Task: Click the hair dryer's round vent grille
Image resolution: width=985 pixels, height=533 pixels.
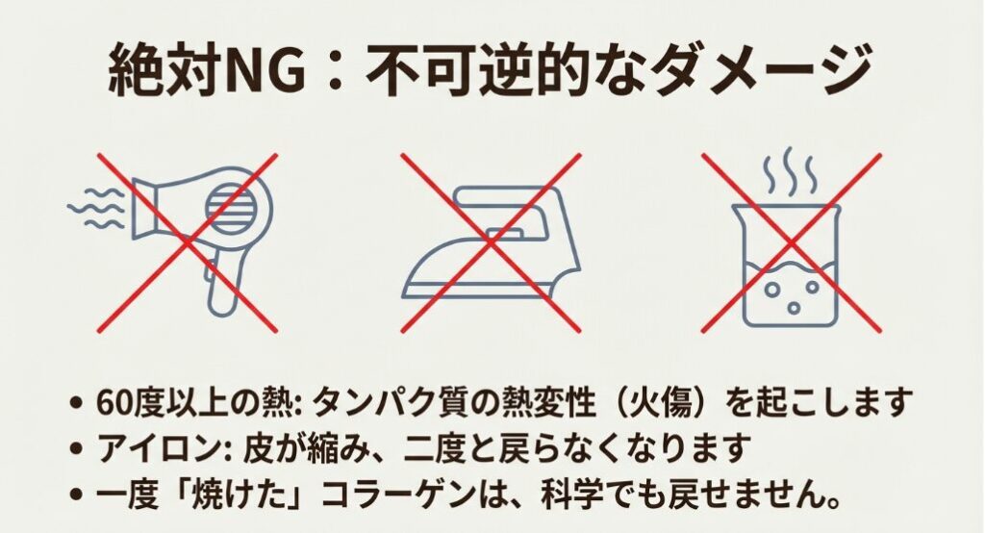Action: tap(231, 207)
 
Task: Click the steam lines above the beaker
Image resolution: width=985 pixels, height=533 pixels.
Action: tap(791, 170)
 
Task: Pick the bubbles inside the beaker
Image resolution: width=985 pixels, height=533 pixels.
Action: tap(793, 295)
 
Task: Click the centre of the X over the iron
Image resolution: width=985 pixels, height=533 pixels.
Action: tap(492, 242)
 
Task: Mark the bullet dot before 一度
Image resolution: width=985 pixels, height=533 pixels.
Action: tap(77, 495)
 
